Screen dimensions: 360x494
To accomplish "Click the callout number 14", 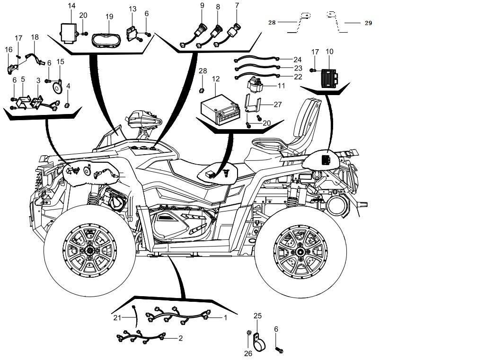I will coord(71,6).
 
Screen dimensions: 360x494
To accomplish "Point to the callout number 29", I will coord(368,23).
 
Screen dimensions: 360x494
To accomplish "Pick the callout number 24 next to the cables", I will coord(297,60).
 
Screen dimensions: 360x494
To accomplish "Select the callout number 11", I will coord(282,86).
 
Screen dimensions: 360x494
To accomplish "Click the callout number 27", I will coord(277,104).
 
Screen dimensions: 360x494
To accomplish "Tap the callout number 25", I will coord(257,316).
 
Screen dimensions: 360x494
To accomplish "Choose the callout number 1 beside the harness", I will coord(225,317).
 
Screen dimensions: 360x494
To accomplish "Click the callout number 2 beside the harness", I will coord(180,338).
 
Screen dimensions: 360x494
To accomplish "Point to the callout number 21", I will coord(117,317).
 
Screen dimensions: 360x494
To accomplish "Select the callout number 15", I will coord(61,61).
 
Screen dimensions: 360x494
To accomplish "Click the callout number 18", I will coord(35,37).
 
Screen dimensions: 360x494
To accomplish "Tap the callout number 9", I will coord(202,6).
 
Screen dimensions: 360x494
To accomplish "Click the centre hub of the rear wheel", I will coord(300,252).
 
